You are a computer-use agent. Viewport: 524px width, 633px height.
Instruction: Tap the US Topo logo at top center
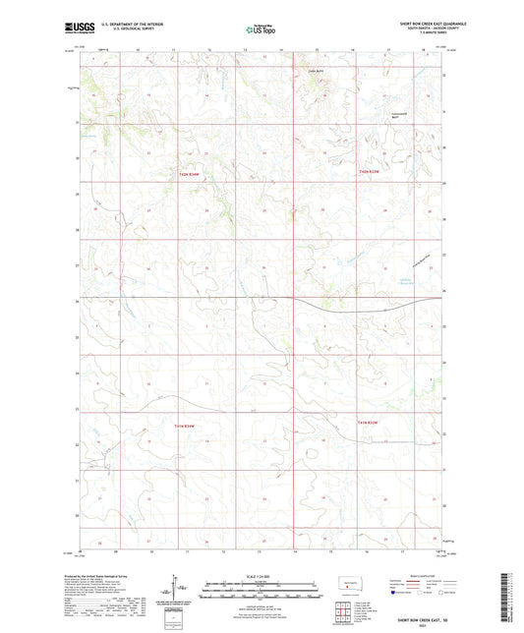click(x=260, y=29)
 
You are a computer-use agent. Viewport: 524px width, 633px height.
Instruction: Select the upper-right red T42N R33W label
click(x=369, y=173)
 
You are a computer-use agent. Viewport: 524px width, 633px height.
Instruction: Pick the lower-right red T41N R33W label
click(x=369, y=423)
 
